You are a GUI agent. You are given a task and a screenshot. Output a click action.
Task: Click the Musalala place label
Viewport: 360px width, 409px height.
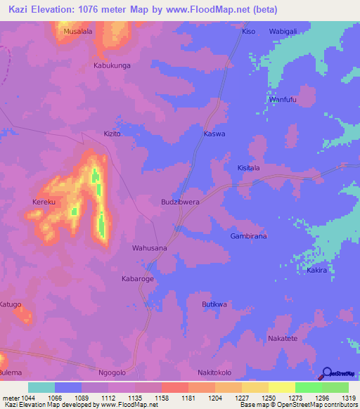[x=78, y=32]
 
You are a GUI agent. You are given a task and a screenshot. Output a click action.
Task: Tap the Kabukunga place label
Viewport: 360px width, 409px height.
[x=112, y=65]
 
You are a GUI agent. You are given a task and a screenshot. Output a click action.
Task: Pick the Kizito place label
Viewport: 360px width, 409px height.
[x=112, y=133]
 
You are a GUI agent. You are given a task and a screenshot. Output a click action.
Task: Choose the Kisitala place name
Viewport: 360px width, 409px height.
[x=248, y=168]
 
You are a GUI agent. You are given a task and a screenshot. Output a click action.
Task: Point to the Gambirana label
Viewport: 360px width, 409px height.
[x=248, y=236]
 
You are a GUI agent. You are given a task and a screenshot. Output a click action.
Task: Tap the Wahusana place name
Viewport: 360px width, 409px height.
[x=150, y=248]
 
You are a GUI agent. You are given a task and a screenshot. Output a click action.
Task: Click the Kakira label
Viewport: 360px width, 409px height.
[x=317, y=270]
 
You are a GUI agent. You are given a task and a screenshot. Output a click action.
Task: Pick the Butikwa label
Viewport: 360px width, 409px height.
[x=214, y=304]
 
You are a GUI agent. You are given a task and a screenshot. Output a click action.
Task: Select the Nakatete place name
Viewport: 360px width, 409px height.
[x=283, y=338]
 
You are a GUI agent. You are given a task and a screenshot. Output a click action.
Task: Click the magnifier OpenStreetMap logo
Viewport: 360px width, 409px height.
[x=326, y=372]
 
